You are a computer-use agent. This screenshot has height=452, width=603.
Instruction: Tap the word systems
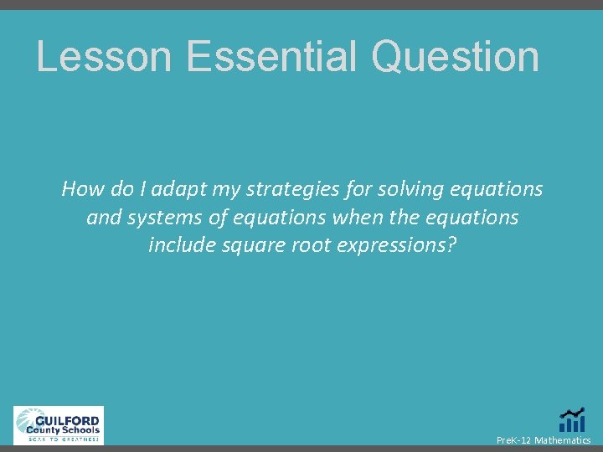pyautogui.click(x=159, y=218)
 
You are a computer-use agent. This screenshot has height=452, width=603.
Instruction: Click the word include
pyautogui.click(x=180, y=245)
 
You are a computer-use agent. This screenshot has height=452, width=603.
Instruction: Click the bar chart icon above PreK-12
pyautogui.click(x=572, y=420)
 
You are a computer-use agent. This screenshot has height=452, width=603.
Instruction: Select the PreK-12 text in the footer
pyautogui.click(x=513, y=440)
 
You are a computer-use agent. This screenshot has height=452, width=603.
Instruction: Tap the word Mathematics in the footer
pyautogui.click(x=563, y=440)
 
